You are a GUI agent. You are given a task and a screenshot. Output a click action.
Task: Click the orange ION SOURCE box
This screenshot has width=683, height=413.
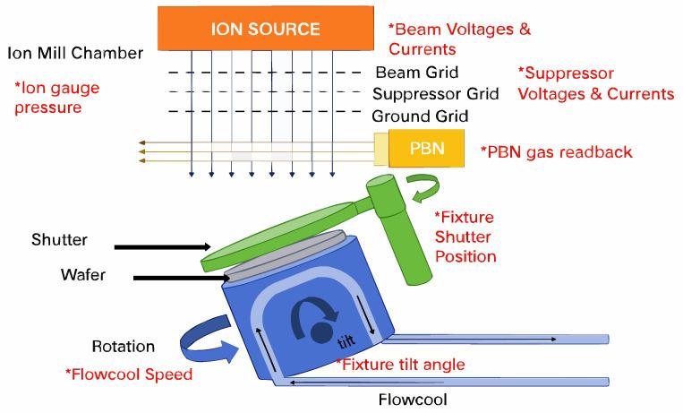(x=265, y=28)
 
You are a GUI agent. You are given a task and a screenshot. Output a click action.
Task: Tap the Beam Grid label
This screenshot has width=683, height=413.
(x=416, y=73)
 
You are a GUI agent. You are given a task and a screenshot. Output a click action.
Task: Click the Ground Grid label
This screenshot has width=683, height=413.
(x=420, y=116)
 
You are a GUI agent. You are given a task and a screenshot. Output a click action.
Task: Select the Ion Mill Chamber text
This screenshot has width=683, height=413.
(x=75, y=53)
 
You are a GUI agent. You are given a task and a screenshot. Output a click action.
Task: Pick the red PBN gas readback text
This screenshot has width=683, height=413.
(x=556, y=151)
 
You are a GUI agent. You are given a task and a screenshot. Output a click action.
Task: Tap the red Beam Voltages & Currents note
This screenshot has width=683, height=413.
(x=458, y=39)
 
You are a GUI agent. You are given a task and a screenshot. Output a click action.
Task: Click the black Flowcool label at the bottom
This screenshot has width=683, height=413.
(x=413, y=399)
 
